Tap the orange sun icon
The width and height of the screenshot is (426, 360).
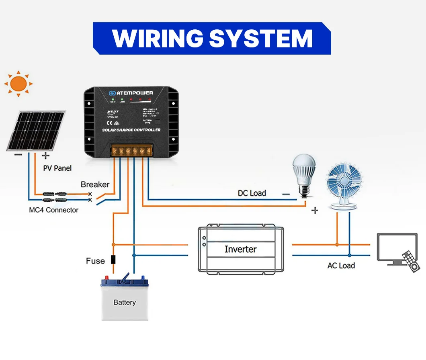coord(18,84)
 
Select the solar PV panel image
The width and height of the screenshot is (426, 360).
coord(36,131)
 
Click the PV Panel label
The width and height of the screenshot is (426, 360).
coord(57,168)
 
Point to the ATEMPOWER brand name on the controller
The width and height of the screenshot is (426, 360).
coord(135,93)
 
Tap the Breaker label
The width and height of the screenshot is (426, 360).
coord(95,184)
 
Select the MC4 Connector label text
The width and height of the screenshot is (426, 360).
coord(53,210)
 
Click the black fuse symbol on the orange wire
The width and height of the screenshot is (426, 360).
coord(113,260)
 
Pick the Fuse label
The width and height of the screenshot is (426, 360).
coord(95,261)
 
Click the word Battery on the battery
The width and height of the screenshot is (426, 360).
coord(125,303)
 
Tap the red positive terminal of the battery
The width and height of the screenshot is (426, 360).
coord(107,278)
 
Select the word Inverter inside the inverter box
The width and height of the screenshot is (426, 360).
coord(240,249)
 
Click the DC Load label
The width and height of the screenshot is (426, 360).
coord(252,193)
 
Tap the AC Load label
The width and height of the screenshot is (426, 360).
coord(341,266)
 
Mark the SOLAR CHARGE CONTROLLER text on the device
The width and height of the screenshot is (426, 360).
coord(131,130)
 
